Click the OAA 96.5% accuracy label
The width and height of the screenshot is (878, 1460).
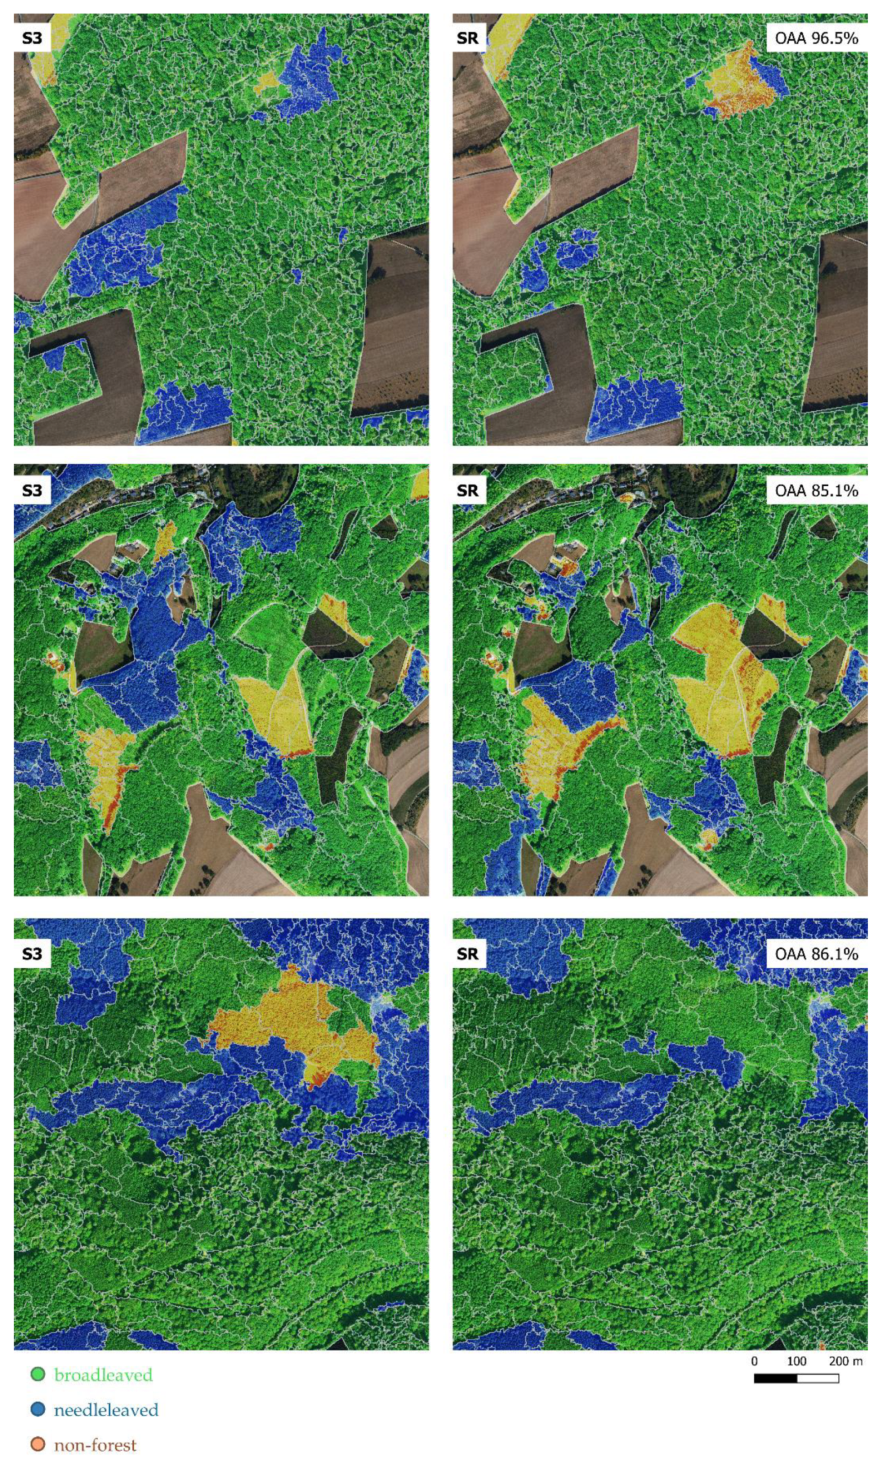click(x=816, y=39)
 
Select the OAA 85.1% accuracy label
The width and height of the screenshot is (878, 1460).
click(x=816, y=490)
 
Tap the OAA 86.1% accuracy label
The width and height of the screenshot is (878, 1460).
click(x=816, y=954)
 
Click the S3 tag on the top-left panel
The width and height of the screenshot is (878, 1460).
click(x=32, y=39)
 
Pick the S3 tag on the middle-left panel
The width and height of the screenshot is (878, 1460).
click(x=32, y=490)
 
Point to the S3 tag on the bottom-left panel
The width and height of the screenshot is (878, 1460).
click(x=32, y=954)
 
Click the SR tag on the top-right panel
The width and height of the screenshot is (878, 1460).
click(x=468, y=39)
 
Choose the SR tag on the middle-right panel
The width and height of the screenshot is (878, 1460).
click(x=468, y=490)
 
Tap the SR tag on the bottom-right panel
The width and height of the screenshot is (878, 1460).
click(x=468, y=954)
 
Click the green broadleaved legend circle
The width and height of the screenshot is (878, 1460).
click(x=38, y=1373)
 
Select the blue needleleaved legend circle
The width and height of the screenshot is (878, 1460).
click(x=38, y=1409)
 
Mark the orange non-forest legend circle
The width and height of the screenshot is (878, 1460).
click(x=38, y=1445)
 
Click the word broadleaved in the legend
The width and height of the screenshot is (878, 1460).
click(x=104, y=1374)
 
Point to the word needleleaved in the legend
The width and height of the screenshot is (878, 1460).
click(x=106, y=1410)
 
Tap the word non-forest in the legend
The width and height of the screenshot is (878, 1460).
click(x=95, y=1445)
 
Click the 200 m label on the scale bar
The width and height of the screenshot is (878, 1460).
click(x=846, y=1361)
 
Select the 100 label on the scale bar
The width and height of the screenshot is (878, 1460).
click(x=796, y=1361)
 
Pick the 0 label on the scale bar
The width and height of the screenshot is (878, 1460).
click(x=755, y=1361)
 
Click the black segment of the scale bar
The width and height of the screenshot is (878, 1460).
click(x=775, y=1378)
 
